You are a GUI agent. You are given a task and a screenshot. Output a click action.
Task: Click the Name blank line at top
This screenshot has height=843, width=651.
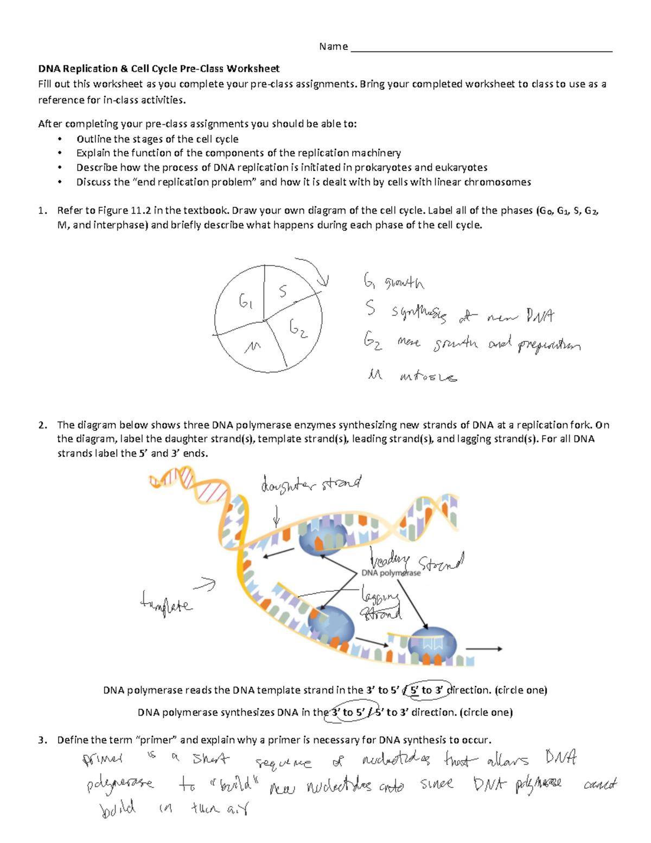(481, 50)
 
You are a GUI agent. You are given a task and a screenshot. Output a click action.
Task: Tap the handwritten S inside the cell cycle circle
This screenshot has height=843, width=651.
(283, 291)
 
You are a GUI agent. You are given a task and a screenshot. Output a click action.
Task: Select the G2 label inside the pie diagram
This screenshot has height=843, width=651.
(298, 328)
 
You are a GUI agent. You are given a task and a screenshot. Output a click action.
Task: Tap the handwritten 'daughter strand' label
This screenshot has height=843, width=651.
(310, 484)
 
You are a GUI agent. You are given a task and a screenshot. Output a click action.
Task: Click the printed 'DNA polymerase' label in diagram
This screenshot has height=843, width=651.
(391, 573)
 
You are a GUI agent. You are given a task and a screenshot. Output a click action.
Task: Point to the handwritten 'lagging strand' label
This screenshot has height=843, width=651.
(380, 605)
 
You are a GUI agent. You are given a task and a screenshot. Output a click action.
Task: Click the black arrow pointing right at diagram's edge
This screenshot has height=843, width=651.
(484, 649)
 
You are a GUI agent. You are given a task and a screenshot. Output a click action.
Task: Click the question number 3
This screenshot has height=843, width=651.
(42, 740)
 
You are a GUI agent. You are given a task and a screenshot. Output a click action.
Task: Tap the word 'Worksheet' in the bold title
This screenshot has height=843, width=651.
(253, 68)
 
